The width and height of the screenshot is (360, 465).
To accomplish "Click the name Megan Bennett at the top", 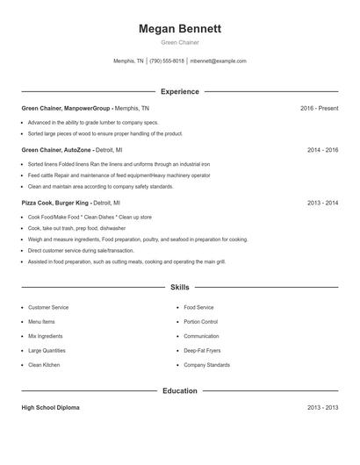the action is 179,29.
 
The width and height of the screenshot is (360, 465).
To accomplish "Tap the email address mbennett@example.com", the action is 218,61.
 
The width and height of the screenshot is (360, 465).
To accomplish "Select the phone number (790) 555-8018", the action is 167,61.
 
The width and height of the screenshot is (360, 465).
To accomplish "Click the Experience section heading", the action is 179,91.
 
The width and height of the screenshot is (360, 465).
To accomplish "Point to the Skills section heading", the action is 179,287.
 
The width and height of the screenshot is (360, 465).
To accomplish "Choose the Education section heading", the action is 179,390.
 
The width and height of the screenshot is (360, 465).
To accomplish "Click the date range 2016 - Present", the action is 319,108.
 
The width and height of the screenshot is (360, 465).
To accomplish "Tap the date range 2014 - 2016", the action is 322,150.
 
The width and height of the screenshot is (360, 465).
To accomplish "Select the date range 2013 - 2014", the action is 322,203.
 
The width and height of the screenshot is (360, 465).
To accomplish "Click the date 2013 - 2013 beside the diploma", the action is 322,408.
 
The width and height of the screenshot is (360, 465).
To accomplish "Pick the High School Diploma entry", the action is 51,408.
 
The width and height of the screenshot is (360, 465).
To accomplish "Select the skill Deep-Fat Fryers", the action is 204,350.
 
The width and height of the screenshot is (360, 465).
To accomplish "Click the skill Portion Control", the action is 200,322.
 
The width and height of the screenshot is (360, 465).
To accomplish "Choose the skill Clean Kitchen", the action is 44,364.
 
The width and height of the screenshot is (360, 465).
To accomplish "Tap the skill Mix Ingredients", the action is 45,336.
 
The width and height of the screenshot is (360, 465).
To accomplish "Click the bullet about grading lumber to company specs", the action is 93,123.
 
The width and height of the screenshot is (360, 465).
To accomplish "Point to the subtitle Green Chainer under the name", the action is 179,42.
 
